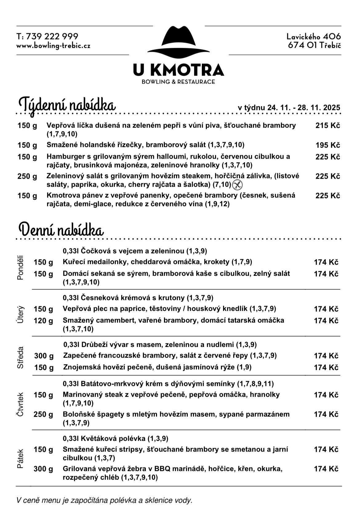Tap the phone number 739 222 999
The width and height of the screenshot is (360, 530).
tap(52, 37)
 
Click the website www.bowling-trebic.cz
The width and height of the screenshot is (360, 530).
tap(53, 46)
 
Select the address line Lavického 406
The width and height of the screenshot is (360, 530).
tap(314, 37)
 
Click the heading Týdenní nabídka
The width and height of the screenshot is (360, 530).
tap(67, 105)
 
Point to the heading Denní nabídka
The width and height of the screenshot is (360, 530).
tap(61, 230)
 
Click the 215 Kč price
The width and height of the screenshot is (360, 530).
tap(328, 126)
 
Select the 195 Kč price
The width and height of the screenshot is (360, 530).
tap(328, 145)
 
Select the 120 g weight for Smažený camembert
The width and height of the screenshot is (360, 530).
tap(43, 321)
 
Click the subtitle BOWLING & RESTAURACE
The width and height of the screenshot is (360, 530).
tap(178, 82)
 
